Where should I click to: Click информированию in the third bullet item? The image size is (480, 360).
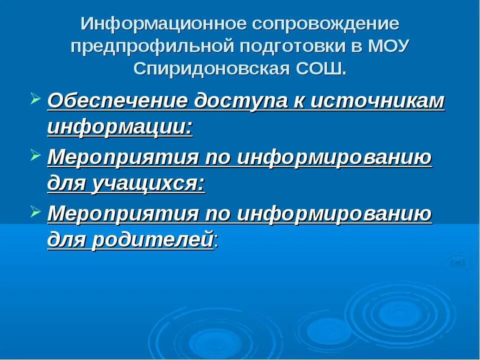[334, 214]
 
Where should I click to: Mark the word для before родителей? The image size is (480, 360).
[66, 240]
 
